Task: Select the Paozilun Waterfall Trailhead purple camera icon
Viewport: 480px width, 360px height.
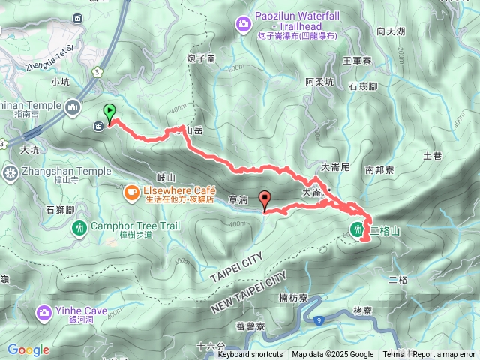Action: coord(244,26)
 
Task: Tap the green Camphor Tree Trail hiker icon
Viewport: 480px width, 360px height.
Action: coord(79,226)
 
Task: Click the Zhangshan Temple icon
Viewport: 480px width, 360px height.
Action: coord(10,172)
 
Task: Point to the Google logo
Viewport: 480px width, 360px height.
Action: coord(28,349)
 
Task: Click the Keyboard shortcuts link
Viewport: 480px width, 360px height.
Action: coord(250,355)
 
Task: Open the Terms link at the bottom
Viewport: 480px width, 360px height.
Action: coord(393,355)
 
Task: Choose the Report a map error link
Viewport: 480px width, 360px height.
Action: coord(445,355)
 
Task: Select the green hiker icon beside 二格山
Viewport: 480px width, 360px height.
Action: coord(357,228)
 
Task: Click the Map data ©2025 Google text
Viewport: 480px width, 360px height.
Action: coord(332,355)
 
